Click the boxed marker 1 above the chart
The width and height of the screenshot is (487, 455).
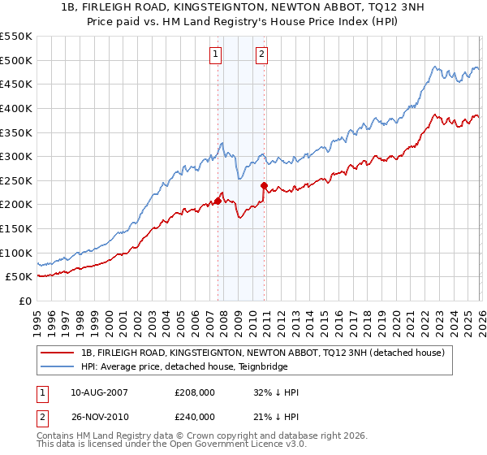click(217, 55)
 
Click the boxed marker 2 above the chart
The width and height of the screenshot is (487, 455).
click(262, 55)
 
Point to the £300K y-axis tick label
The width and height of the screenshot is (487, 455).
click(16, 156)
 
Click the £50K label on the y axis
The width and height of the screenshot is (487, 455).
click(19, 277)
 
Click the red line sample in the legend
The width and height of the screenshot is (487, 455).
click(58, 353)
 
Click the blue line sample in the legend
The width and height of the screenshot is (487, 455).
click(58, 367)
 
